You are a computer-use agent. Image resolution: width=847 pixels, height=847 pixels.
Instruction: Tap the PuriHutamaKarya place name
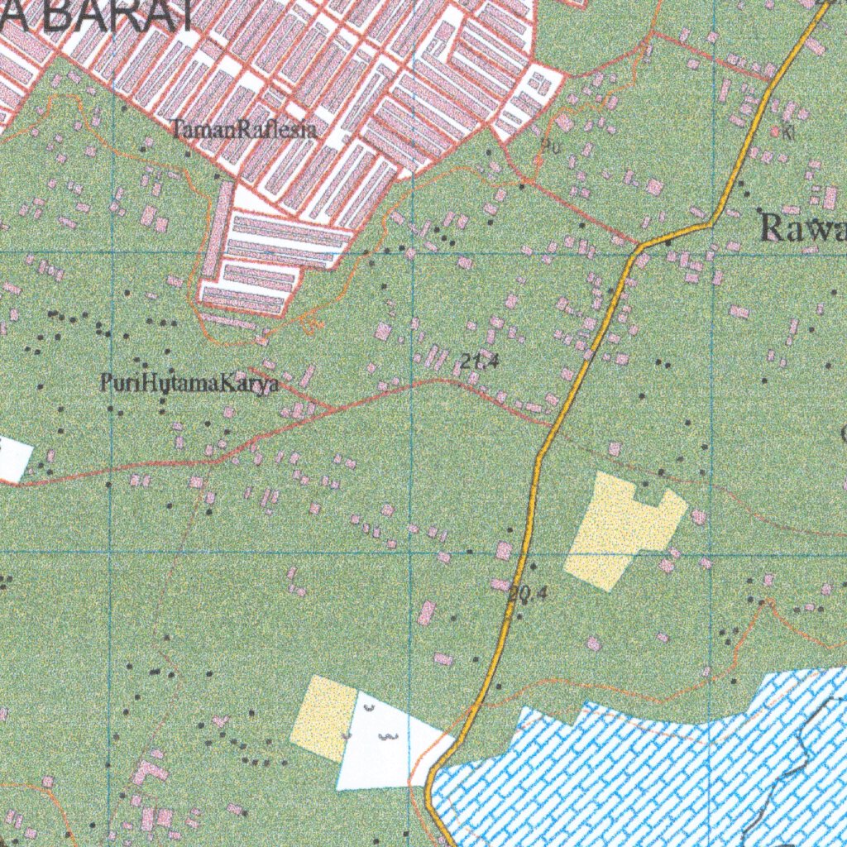click(x=189, y=384)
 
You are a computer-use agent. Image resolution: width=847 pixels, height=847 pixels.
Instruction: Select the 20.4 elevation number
click(x=529, y=592)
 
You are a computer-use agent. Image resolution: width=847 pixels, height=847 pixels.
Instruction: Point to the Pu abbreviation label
click(x=547, y=147)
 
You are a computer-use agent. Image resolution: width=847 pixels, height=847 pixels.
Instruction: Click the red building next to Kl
click(x=775, y=131)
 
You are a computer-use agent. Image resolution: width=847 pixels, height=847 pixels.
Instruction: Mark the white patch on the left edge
click(x=14, y=460)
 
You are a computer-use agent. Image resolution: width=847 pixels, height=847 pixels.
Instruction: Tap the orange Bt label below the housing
click(x=312, y=325)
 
